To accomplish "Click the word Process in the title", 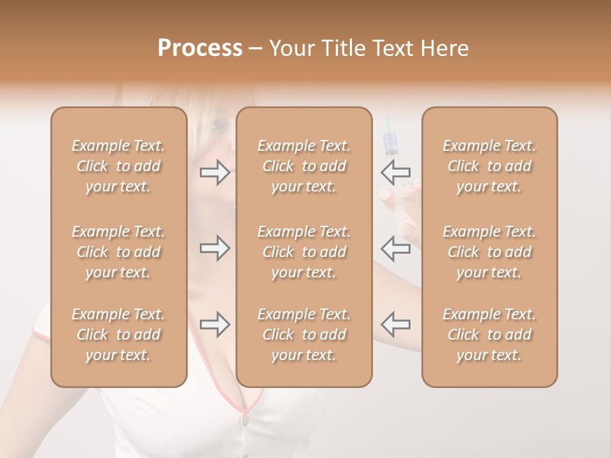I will point(200,48).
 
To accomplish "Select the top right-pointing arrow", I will point(214,172).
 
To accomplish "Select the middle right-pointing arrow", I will point(214,247).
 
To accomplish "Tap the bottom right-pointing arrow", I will point(214,324).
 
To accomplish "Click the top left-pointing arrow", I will point(395,172).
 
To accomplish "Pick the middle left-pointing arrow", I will point(395,247).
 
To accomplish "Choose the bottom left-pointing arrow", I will point(395,324).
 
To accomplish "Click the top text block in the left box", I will point(118,166).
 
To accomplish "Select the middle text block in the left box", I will point(118,252).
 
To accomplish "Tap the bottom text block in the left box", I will point(118,335).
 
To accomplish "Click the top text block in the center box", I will point(304,166).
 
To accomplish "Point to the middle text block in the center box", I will point(304,252).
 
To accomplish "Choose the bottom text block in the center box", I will point(304,335).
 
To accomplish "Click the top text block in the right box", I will point(489,166).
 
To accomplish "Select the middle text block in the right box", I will point(489,252).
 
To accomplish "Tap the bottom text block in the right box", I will point(489,335).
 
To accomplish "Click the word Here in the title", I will point(444,48).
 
